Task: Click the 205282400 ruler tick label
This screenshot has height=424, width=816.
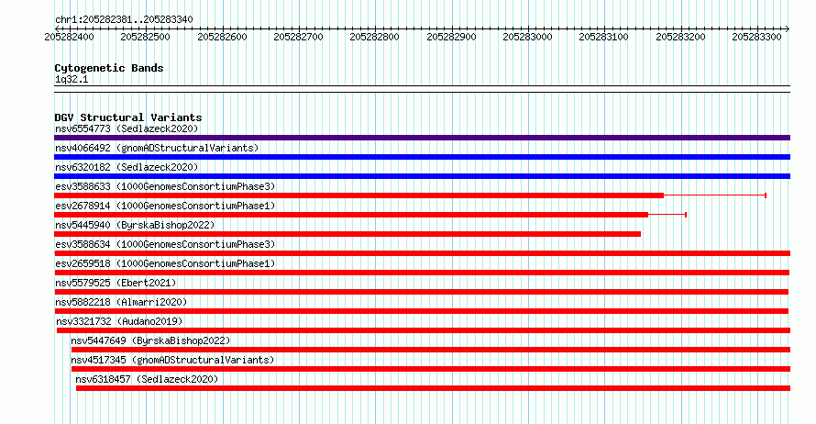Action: (x=69, y=37)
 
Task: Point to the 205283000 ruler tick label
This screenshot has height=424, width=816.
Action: (x=527, y=37)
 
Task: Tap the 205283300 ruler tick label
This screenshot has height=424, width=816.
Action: (x=756, y=37)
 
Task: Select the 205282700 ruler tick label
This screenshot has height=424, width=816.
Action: (x=298, y=37)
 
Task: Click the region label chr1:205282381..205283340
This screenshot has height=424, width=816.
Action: (x=124, y=20)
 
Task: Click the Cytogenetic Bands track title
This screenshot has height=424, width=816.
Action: (x=109, y=68)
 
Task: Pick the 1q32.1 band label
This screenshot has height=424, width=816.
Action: (x=72, y=79)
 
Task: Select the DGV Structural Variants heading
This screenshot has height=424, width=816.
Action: (x=128, y=117)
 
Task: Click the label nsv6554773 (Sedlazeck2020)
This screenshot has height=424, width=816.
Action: (x=127, y=128)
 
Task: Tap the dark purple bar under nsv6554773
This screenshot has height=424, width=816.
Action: (x=422, y=138)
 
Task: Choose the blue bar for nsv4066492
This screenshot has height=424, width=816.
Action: (x=422, y=157)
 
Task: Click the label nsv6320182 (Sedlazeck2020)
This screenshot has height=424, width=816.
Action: (x=127, y=167)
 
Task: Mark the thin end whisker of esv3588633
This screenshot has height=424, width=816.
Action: (x=715, y=195)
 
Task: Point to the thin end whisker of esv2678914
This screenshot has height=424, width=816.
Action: (x=667, y=215)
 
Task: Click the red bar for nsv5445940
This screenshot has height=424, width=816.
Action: (x=347, y=234)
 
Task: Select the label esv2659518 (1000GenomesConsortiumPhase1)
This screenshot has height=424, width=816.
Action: (x=165, y=263)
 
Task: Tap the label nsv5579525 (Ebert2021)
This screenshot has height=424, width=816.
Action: (x=116, y=283)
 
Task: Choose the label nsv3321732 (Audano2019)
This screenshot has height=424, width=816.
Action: (x=119, y=321)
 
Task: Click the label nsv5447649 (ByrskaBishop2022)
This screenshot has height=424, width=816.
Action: (x=150, y=340)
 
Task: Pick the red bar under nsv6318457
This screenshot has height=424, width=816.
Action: (x=433, y=388)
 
